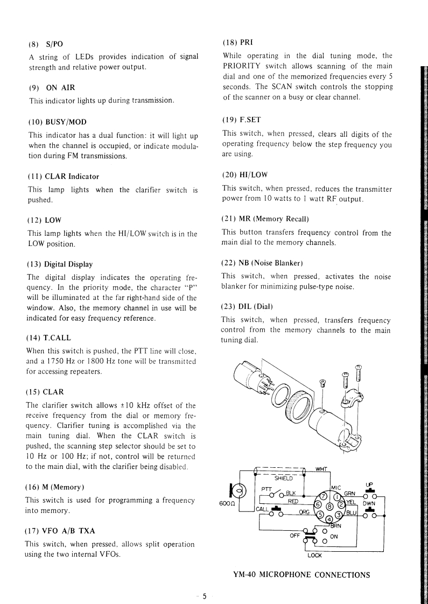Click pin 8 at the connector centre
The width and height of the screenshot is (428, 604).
(x=328, y=505)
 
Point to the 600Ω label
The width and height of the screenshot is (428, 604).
(x=226, y=504)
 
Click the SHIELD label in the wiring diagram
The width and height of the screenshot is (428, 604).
(x=283, y=477)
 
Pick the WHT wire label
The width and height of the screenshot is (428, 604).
(x=322, y=467)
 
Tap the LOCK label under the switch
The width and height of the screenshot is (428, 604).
(x=314, y=556)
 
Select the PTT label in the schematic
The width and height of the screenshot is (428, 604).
(x=266, y=489)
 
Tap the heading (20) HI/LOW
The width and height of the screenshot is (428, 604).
(x=244, y=175)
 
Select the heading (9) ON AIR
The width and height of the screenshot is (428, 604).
(x=51, y=87)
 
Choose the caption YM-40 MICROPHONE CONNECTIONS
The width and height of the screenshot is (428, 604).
(x=301, y=574)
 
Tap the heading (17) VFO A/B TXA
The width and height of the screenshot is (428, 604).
(x=60, y=530)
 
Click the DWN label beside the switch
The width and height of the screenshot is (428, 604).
(x=369, y=504)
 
